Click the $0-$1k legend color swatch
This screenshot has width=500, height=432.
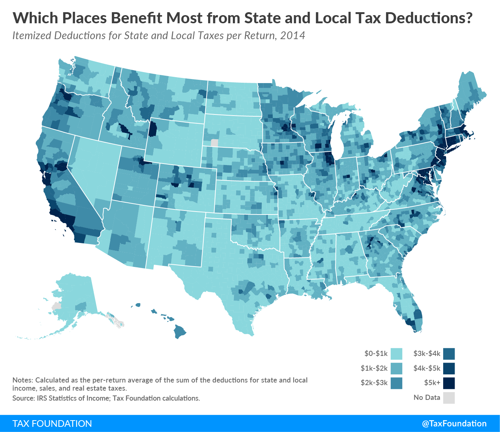pos(396,354)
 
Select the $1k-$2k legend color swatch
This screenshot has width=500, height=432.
pos(396,368)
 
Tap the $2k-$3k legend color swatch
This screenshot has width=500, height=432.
pos(396,383)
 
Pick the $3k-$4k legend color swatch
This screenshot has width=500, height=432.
pos(449,354)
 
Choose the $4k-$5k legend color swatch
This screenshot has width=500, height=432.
pos(449,368)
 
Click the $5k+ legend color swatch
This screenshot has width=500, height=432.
pos(449,383)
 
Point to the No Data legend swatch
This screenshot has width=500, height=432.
pos(449,398)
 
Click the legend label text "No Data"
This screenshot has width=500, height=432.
pos(427,398)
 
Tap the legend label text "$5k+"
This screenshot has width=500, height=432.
pos(432,383)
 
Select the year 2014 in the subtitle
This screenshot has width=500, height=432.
pos(293,36)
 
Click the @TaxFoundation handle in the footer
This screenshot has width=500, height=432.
pos(454,424)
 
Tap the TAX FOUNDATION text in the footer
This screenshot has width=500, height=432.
pos(52,424)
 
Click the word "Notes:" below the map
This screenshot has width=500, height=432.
pos(23,380)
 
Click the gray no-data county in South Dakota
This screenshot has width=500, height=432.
pos(214,143)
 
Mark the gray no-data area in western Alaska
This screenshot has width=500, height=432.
pos(56,306)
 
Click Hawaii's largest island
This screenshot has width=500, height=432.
pos(180,331)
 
